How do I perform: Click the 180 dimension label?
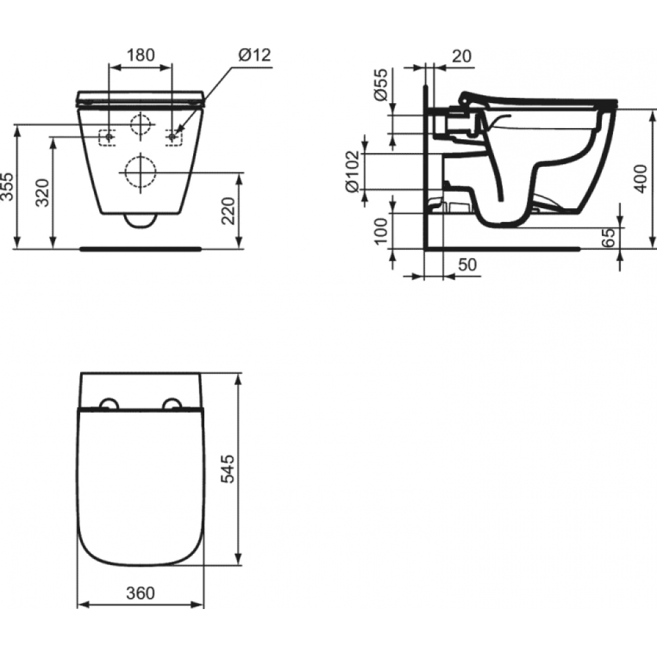coord(141,55)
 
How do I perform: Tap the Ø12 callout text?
coord(255,55)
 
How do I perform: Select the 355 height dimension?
coord(7,187)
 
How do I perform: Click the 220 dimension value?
coord(229,211)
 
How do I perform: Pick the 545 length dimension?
coord(228,468)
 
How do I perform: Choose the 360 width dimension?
coord(141,593)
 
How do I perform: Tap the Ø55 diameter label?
coord(381,85)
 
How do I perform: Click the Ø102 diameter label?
coord(353,171)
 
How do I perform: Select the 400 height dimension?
coord(640,179)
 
